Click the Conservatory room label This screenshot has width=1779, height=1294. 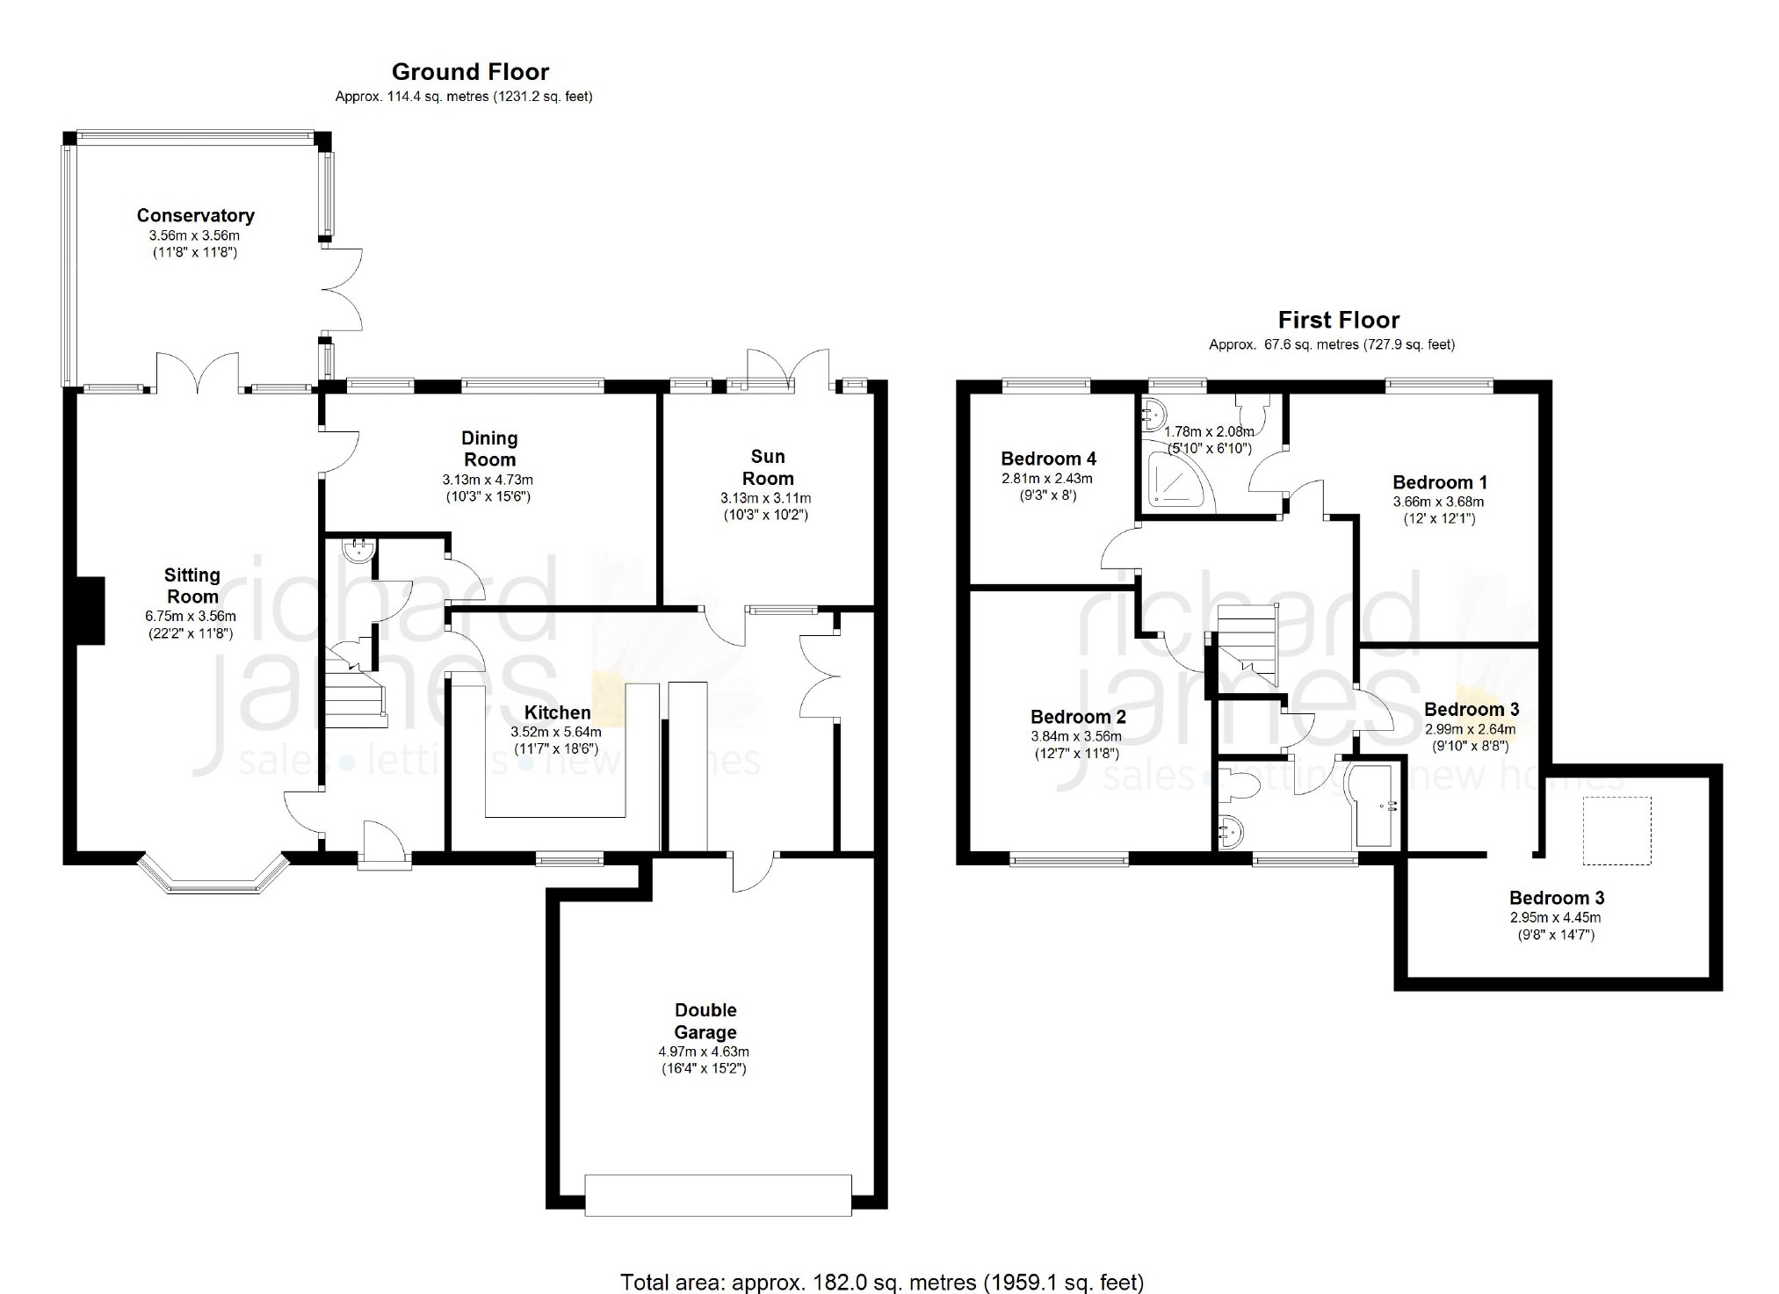pos(195,215)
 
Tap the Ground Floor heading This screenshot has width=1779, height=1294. pos(470,72)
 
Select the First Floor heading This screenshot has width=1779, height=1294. pos(1338,320)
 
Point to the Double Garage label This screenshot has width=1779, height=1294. pos(705,1021)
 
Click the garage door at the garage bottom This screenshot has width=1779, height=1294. pos(718,1195)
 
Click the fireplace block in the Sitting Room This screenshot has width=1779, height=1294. pos(90,611)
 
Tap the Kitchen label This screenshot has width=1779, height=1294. pos(558,712)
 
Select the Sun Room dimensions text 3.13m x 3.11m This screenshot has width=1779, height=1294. pos(766,498)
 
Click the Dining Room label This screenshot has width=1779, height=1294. pos(490,448)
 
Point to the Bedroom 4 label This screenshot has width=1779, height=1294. pos(1048,459)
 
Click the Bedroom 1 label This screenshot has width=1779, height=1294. pos(1440,482)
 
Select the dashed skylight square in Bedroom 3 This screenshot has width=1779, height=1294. pos(1617,830)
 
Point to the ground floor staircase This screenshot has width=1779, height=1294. pos(356,694)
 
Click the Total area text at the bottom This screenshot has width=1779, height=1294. pos(882,1282)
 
